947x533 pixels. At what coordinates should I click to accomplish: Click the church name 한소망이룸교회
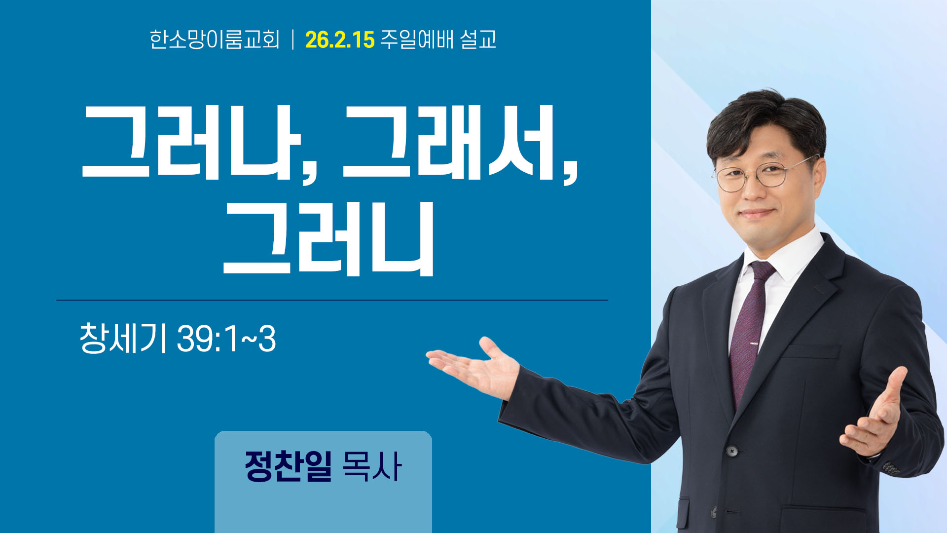point(215,39)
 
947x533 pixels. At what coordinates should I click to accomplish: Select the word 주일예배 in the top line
point(417,39)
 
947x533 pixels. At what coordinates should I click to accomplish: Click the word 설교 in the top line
point(478,39)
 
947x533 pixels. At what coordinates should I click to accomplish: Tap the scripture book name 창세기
point(122,338)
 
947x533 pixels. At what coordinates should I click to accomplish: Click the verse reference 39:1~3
point(226,339)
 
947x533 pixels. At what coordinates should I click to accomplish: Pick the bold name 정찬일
point(288,466)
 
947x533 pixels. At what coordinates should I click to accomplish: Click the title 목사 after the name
point(371,466)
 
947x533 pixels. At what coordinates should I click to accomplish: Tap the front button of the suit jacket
point(732,451)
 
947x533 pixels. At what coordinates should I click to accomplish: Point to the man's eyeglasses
point(762,175)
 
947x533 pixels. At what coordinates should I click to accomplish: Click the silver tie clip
point(754,343)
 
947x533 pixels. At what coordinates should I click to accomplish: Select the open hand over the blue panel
point(474,368)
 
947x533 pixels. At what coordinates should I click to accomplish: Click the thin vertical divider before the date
point(293,39)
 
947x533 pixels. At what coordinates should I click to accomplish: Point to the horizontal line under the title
point(332,300)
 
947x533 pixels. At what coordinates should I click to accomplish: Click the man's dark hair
point(767,121)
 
